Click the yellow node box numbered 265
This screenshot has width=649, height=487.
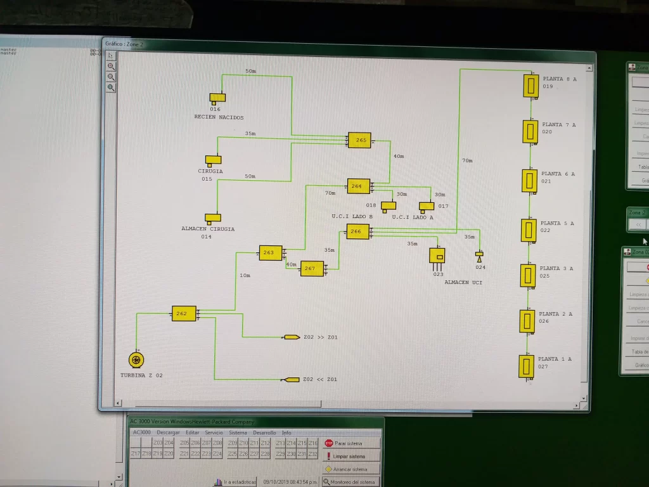[x=359, y=140]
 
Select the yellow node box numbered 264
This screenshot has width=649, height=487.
[x=358, y=186]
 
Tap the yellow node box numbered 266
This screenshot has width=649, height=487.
[x=357, y=232]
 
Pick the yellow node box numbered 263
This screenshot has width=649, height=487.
[x=270, y=253]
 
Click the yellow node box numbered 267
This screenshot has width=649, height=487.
[x=312, y=269]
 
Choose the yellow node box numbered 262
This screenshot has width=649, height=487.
[x=184, y=313]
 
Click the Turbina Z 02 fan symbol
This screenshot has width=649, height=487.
[x=136, y=360]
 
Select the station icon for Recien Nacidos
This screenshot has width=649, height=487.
[x=217, y=98]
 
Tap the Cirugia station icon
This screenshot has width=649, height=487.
[x=213, y=160]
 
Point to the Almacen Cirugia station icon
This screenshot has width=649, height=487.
[x=212, y=218]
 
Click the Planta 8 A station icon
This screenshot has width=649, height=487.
[x=530, y=86]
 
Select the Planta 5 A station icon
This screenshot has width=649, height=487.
[x=529, y=230]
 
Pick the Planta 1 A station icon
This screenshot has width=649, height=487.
[x=526, y=367]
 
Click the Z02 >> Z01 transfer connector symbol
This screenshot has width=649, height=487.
[x=291, y=337]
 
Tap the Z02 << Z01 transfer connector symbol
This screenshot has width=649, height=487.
[x=291, y=380]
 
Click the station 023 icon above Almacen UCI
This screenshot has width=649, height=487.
[x=437, y=256]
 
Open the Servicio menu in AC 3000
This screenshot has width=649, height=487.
[x=214, y=432]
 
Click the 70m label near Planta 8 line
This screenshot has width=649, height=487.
[x=467, y=161]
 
